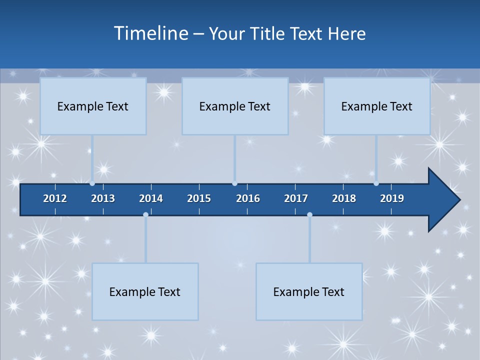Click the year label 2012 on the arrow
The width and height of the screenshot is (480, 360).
pyautogui.click(x=55, y=198)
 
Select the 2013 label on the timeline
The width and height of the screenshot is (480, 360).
pyautogui.click(x=103, y=198)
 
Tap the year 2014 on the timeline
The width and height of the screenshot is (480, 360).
pyautogui.click(x=151, y=198)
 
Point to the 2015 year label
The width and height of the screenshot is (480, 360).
pyautogui.click(x=199, y=198)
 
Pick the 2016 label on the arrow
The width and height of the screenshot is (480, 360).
pyautogui.click(x=248, y=198)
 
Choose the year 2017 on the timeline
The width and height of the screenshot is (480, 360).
pyautogui.click(x=296, y=198)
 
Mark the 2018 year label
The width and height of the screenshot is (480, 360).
pyautogui.click(x=344, y=198)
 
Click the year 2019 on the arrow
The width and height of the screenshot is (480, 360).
pyautogui.click(x=392, y=198)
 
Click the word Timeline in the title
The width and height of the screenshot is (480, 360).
pyautogui.click(x=151, y=33)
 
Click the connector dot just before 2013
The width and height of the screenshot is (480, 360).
pyautogui.click(x=92, y=183)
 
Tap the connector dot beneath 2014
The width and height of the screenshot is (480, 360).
pyautogui.click(x=145, y=214)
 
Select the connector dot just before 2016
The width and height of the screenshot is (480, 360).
pyautogui.click(x=234, y=183)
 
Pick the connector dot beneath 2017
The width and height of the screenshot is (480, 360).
pyautogui.click(x=309, y=214)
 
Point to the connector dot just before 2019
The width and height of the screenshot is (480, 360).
pyautogui.click(x=376, y=183)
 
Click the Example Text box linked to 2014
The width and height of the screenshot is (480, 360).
pyautogui.click(x=145, y=291)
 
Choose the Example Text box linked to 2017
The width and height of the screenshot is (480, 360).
pyautogui.click(x=309, y=291)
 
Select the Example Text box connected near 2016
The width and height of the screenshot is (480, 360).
pyautogui.click(x=235, y=106)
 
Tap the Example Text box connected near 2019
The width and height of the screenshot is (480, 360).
pyautogui.click(x=377, y=106)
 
